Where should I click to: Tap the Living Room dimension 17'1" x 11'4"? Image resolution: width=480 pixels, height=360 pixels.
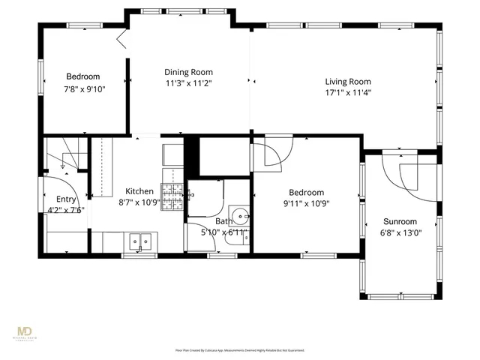[348, 92]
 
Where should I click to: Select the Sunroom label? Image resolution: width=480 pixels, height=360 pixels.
[400, 221]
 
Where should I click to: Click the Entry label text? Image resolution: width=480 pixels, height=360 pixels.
[66, 199]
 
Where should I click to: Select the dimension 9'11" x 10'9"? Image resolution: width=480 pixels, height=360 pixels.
[306, 203]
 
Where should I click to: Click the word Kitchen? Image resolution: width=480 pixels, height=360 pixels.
[139, 191]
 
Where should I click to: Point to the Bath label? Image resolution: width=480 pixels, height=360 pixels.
[223, 221]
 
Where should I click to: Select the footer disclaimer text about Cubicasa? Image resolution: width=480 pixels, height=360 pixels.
[239, 350]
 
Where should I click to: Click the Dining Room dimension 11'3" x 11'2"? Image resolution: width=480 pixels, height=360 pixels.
[188, 83]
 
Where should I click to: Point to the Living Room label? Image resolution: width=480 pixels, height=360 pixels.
[348, 82]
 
